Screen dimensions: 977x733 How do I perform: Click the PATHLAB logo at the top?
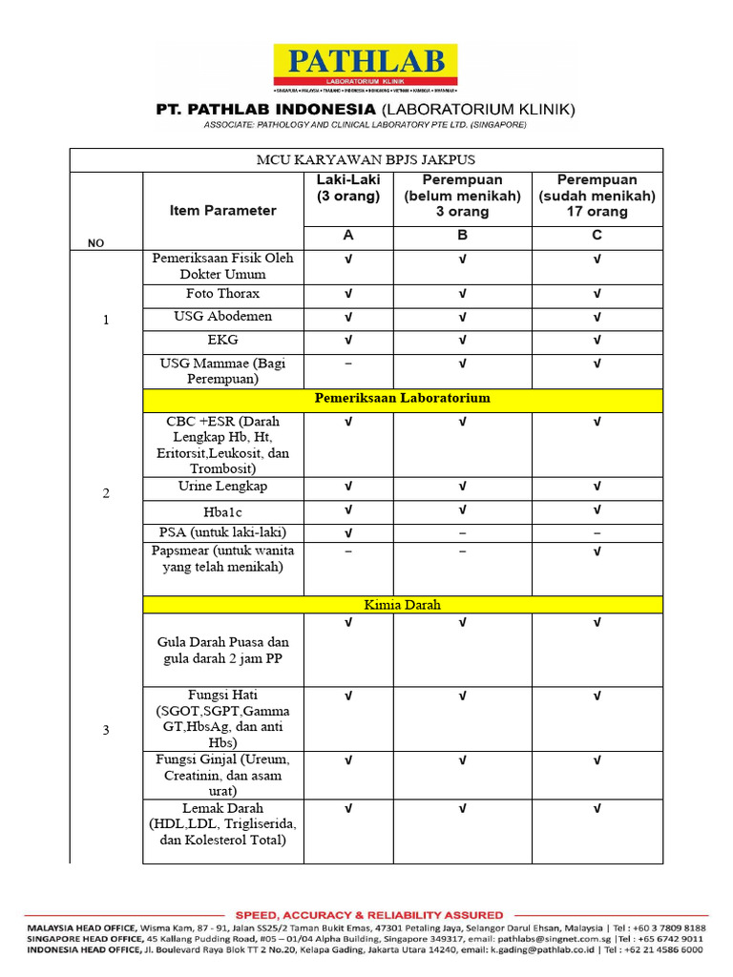click(366, 68)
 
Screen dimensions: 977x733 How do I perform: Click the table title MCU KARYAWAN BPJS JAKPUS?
click(366, 159)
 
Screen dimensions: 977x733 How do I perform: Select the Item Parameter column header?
click(223, 211)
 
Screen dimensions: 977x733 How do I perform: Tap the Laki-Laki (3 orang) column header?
click(348, 188)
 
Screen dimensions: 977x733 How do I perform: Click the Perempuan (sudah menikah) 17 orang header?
click(597, 196)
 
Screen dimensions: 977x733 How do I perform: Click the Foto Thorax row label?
click(223, 294)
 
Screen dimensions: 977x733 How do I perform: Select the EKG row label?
click(223, 340)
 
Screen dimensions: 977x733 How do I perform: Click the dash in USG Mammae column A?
click(348, 364)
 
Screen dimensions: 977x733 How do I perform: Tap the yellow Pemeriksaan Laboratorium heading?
click(402, 398)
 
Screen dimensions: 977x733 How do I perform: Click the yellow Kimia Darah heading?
click(402, 605)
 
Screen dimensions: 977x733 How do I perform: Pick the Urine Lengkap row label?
click(223, 487)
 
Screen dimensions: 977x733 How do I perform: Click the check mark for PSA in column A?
click(348, 532)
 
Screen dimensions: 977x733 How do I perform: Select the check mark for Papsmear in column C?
click(597, 551)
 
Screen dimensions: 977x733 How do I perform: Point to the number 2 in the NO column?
click(106, 493)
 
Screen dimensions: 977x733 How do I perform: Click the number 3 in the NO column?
click(106, 731)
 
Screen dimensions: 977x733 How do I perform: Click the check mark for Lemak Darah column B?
click(462, 809)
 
